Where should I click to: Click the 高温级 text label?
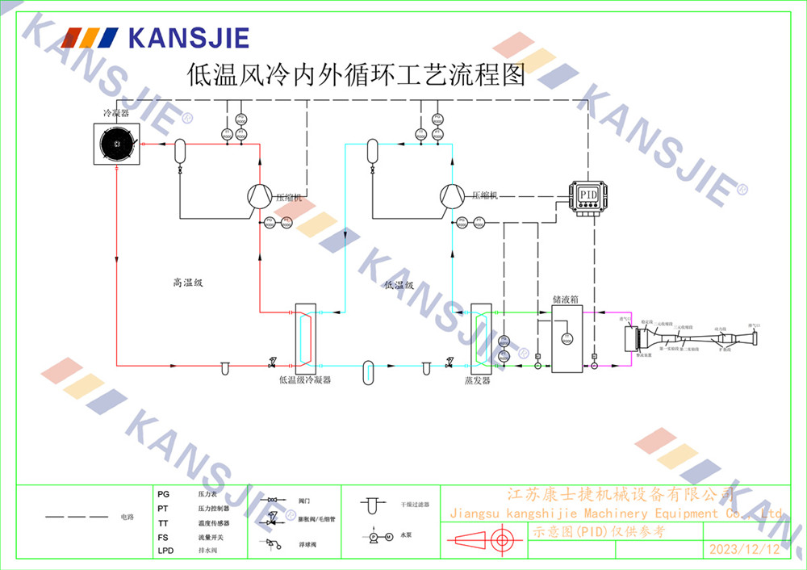click(x=187, y=283)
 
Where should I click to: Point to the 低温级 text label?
click(x=399, y=285)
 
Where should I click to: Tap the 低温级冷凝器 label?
click(x=305, y=379)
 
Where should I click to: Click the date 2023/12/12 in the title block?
click(x=744, y=550)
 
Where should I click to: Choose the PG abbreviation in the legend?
click(x=163, y=493)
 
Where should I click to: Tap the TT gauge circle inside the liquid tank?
click(x=567, y=337)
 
